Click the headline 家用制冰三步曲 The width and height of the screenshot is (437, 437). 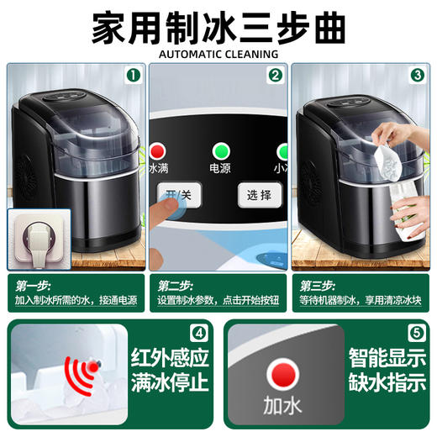[218, 26]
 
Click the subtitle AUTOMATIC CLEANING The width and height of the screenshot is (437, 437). [218, 55]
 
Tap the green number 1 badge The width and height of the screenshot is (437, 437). [131, 75]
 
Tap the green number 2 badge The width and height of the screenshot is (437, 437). [274, 75]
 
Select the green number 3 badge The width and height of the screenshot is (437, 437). [417, 75]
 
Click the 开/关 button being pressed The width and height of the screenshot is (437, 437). [176, 196]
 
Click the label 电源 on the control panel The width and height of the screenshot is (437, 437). [221, 168]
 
